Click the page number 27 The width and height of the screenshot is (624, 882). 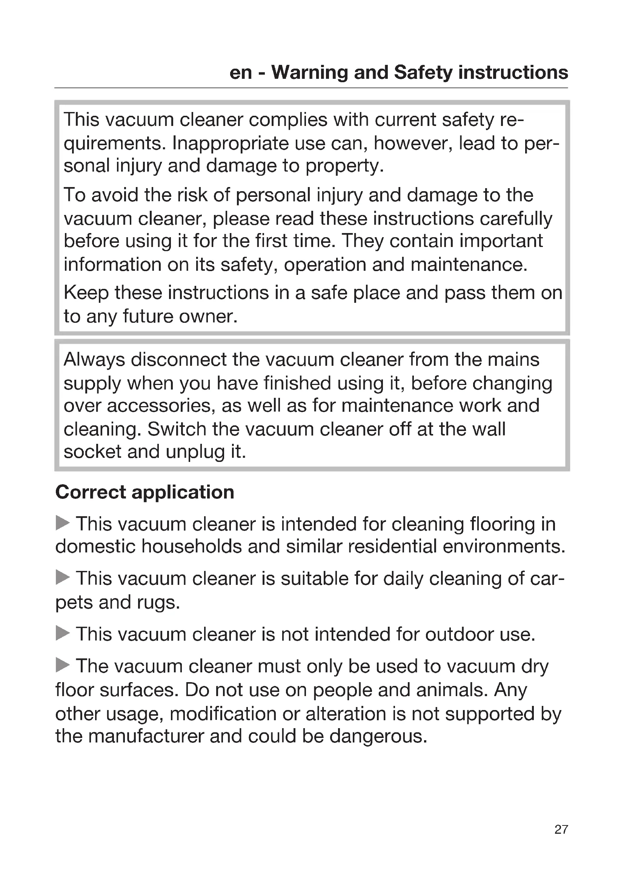pyautogui.click(x=561, y=829)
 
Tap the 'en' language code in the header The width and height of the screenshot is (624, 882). pyautogui.click(x=241, y=72)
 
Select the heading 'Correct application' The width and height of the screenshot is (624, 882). pyautogui.click(x=145, y=492)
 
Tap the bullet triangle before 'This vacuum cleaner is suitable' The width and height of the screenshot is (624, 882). pyautogui.click(x=63, y=577)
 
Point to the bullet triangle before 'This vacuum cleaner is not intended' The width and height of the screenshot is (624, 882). pyautogui.click(x=63, y=633)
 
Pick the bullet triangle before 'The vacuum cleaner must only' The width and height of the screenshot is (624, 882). pyautogui.click(x=63, y=665)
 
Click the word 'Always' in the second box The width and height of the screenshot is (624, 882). pyautogui.click(x=95, y=360)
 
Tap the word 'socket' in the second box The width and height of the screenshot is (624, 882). pyautogui.click(x=92, y=452)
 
